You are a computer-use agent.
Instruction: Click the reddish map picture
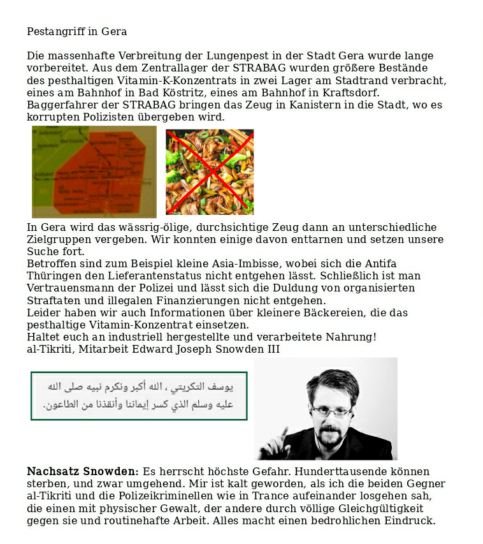[94, 172]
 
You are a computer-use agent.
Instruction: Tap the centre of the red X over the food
[210, 172]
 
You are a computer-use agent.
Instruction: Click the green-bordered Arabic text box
[139, 396]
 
